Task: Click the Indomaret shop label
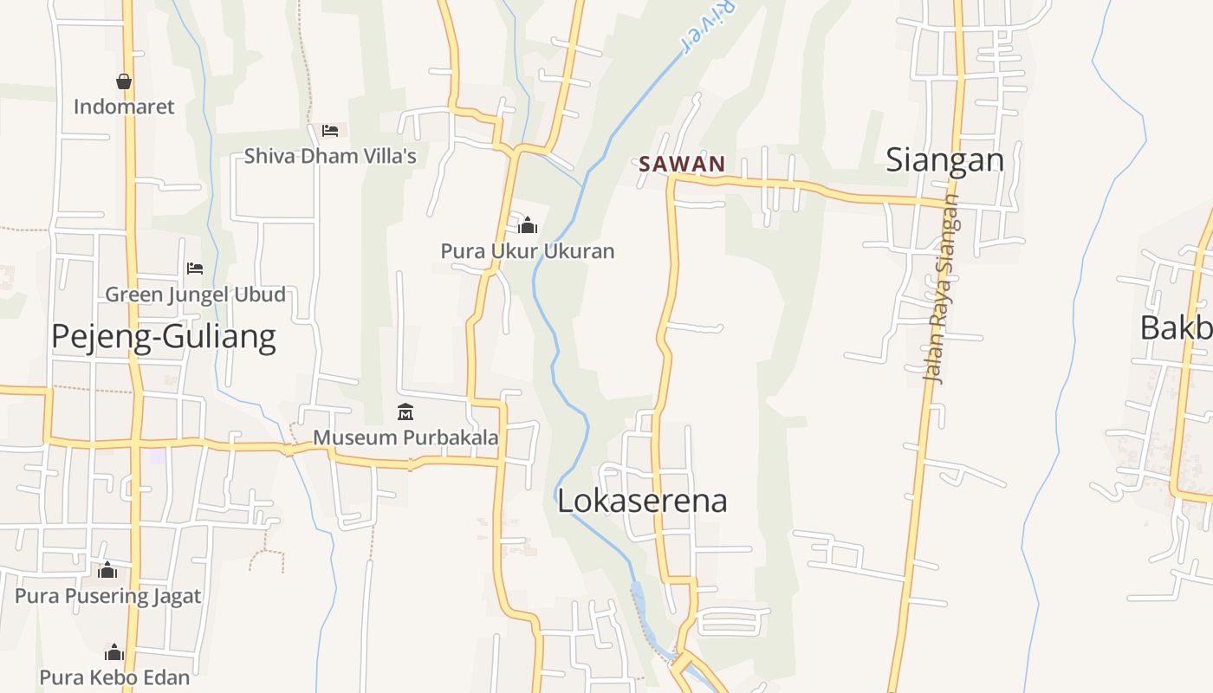[124, 107]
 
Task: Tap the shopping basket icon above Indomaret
[124, 81]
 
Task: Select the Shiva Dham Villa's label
[330, 156]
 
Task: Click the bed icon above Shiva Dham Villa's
[330, 130]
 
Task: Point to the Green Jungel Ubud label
[195, 295]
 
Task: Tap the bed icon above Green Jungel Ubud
[195, 269]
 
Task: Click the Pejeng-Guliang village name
[164, 336]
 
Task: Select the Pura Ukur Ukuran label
[528, 251]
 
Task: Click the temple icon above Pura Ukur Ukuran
[528, 226]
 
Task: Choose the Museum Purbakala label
[405, 437]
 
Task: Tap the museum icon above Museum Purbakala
[405, 411]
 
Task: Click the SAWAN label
[682, 164]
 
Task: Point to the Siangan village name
[944, 160]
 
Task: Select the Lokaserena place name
[642, 501]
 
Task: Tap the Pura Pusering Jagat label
[108, 596]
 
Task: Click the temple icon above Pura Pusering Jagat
[108, 570]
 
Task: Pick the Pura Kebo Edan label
[114, 677]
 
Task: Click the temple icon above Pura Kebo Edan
[114, 652]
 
